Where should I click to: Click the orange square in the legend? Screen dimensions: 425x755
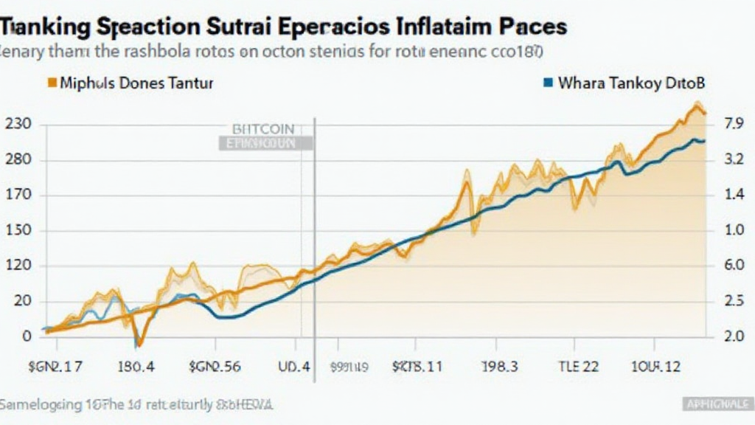tap(52, 83)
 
